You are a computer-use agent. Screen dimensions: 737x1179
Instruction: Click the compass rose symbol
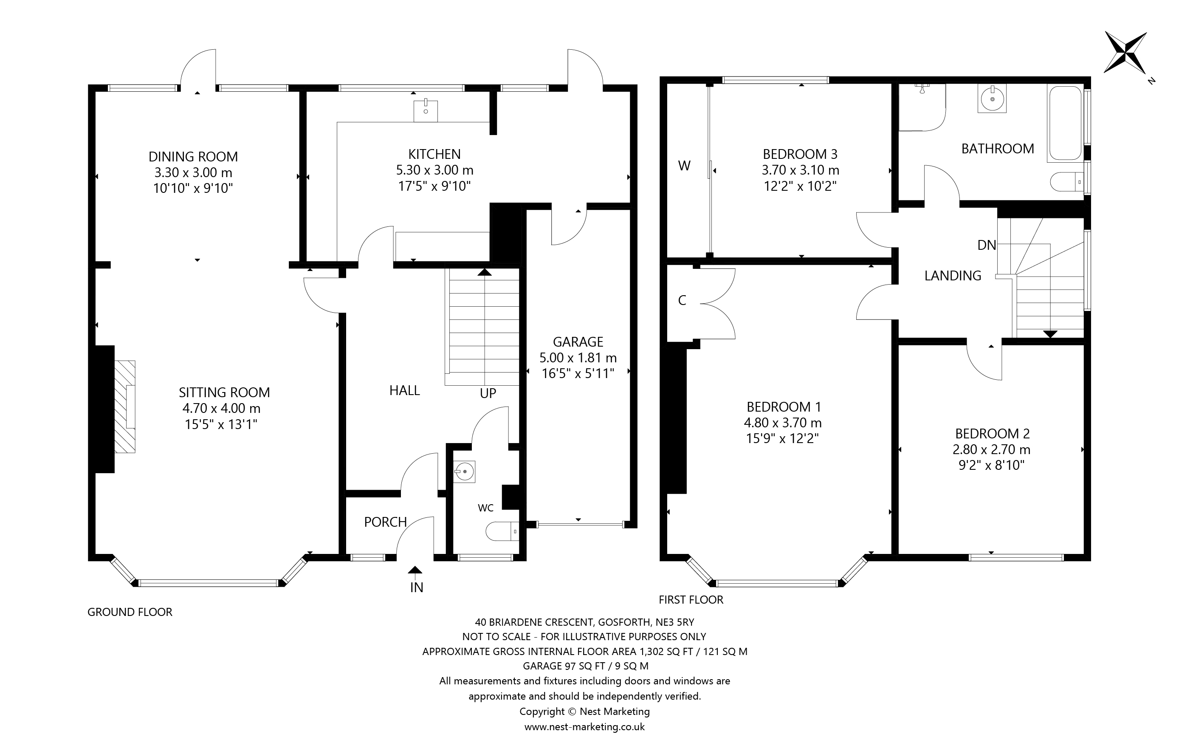tap(1125, 59)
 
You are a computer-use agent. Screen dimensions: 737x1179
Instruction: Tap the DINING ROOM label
tap(193, 156)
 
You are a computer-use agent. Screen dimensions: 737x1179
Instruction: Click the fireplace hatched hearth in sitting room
tap(125, 407)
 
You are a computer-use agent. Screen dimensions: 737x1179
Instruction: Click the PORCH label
tap(385, 522)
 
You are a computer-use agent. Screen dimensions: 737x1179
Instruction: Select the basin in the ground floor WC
tap(464, 472)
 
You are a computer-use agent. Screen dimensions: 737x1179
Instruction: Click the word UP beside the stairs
tap(488, 393)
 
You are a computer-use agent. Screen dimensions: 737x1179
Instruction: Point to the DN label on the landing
tap(986, 245)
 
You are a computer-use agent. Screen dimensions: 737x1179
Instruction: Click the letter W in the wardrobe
tap(684, 166)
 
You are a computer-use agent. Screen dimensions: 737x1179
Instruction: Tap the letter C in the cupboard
tap(682, 301)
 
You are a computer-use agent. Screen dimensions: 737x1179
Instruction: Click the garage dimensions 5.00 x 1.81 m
tap(578, 358)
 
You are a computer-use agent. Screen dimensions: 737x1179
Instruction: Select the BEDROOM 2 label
tap(992, 433)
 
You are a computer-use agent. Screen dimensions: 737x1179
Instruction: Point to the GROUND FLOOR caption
tap(130, 612)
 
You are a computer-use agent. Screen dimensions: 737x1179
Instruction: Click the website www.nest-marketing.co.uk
tap(584, 727)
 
